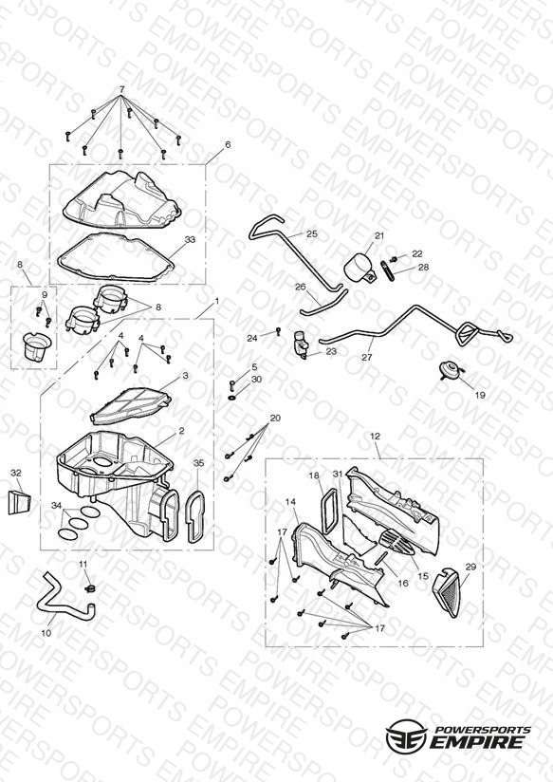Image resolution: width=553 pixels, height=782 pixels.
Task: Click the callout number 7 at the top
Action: (122, 89)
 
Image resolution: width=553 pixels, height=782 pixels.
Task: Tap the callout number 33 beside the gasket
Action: (190, 239)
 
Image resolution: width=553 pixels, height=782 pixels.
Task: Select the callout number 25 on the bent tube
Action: (312, 233)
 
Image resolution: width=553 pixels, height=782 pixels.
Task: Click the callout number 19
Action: (480, 395)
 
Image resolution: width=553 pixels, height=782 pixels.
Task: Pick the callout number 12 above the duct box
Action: (375, 437)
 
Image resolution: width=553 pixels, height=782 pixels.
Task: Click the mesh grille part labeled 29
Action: (452, 591)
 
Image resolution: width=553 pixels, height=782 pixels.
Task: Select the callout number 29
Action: (470, 568)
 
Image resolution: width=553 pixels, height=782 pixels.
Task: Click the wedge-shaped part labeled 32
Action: (20, 502)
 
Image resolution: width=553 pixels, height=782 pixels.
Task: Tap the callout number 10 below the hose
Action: (46, 633)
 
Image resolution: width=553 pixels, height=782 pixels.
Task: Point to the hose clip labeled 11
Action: (90, 588)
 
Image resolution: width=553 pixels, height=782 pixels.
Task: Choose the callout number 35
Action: (198, 463)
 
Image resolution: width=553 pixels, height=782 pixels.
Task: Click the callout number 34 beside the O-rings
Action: (56, 506)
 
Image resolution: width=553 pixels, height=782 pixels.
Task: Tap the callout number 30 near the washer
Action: (256, 380)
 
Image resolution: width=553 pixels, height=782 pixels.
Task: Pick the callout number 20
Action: (275, 418)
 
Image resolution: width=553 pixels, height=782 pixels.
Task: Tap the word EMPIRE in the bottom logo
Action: (477, 742)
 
